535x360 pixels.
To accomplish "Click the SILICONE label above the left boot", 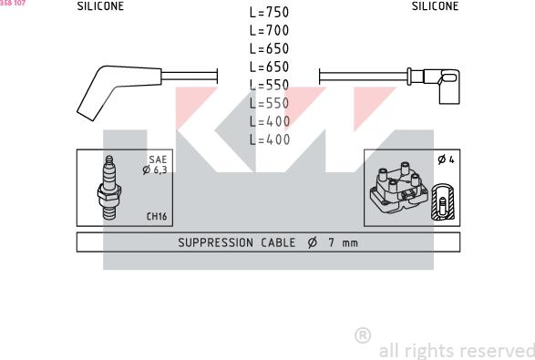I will tap(100, 5).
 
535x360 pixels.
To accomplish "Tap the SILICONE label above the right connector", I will tap(436, 5).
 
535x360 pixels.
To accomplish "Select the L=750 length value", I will tap(269, 14).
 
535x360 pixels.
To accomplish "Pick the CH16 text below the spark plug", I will tap(158, 216).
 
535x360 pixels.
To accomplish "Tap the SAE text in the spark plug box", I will tap(159, 159).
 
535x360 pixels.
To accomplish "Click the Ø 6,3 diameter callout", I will tap(154, 170).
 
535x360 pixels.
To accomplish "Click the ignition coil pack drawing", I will tap(396, 190).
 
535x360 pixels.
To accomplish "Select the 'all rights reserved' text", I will tap(456, 350).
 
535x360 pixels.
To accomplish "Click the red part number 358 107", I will tap(13, 4).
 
